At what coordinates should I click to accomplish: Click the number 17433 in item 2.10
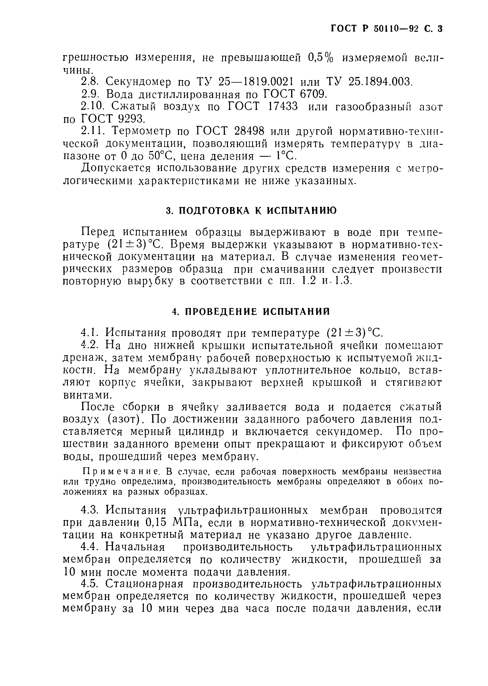point(283,107)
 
